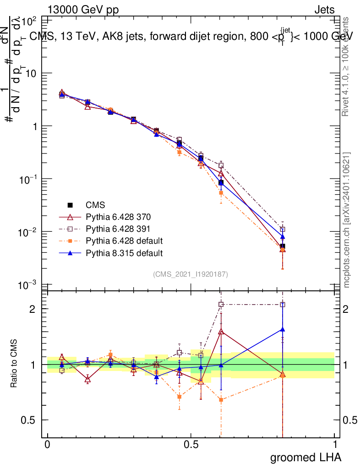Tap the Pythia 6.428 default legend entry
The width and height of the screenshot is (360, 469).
coord(124,241)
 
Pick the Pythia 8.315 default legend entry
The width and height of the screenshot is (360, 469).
coord(124,253)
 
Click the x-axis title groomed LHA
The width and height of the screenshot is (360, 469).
coord(305,457)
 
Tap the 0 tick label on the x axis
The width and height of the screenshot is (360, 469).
coord(47,445)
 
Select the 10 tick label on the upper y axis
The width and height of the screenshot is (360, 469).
coord(31,73)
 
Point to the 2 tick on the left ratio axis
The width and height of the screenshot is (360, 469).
coord(33,309)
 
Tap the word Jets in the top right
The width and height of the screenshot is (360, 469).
coord(324,10)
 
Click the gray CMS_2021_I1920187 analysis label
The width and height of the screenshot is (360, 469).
coord(191,274)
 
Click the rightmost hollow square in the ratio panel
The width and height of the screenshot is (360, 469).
coord(283,305)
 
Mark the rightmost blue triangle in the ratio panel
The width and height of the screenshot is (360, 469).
coord(283,329)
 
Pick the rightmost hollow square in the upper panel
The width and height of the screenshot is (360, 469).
coord(283,229)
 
